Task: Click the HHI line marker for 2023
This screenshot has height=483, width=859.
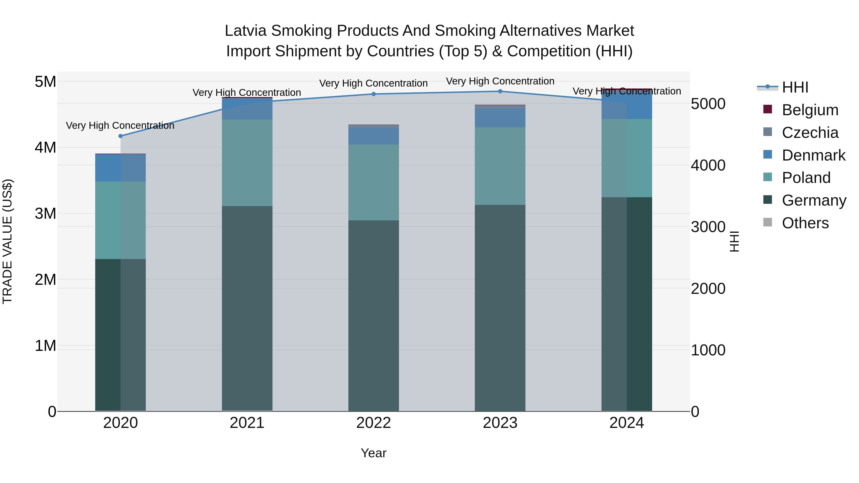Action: pyautogui.click(x=500, y=91)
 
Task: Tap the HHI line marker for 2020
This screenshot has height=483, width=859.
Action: pyautogui.click(x=121, y=136)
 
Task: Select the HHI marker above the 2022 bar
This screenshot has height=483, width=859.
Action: pyautogui.click(x=373, y=94)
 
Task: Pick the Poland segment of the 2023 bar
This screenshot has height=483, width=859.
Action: pyautogui.click(x=500, y=166)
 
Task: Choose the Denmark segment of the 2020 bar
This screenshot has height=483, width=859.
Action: pyautogui.click(x=120, y=168)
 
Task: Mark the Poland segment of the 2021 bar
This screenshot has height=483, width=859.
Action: pyautogui.click(x=247, y=163)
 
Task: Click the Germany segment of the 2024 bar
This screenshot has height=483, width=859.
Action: pyautogui.click(x=627, y=303)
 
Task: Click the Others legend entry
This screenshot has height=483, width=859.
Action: pyautogui.click(x=805, y=223)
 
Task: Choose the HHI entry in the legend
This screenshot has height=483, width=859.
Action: pyautogui.click(x=795, y=87)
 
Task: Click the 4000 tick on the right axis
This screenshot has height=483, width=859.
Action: pyautogui.click(x=708, y=165)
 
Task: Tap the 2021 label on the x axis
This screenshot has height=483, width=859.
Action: pyautogui.click(x=247, y=423)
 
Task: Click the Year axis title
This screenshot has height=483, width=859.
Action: pyautogui.click(x=373, y=453)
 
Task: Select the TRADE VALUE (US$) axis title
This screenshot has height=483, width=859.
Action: pyautogui.click(x=7, y=241)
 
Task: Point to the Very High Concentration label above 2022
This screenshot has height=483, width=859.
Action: pyautogui.click(x=373, y=83)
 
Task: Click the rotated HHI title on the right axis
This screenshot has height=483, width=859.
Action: pyautogui.click(x=734, y=241)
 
